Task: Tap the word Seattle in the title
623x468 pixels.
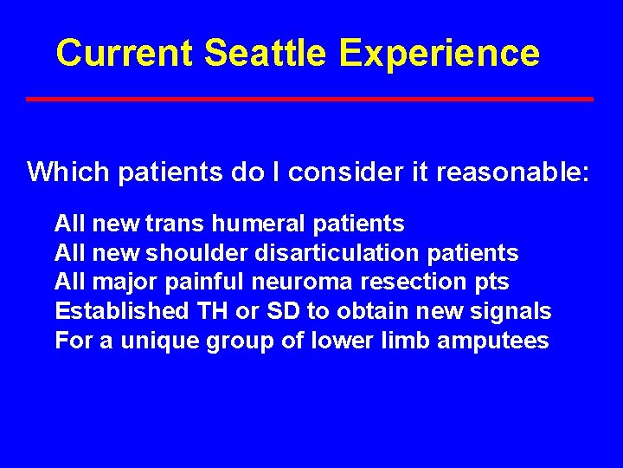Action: tap(267, 53)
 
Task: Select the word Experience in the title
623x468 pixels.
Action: tap(440, 55)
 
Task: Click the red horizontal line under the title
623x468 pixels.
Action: tap(309, 99)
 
